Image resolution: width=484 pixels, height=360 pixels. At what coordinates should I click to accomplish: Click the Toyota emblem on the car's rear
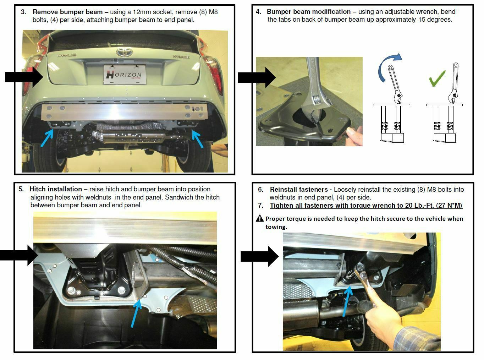tap(125, 52)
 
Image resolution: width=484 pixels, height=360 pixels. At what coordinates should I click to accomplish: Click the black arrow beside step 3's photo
tap(24, 77)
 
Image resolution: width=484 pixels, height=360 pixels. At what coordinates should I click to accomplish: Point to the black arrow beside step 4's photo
tap(257, 77)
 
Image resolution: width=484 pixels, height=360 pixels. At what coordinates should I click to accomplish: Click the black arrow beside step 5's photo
tap(19, 255)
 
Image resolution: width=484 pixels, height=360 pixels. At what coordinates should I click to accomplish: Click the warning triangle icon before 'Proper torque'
tap(260, 218)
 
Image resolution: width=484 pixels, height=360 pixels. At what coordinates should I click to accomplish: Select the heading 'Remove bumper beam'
tap(68, 12)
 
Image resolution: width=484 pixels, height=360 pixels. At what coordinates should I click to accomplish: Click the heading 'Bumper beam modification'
tap(308, 12)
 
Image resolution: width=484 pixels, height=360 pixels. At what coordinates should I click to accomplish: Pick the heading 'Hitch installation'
tap(55, 189)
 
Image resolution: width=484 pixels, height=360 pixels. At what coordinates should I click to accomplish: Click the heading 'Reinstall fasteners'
tap(301, 190)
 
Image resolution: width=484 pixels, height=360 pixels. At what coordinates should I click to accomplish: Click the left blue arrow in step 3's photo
tap(47, 138)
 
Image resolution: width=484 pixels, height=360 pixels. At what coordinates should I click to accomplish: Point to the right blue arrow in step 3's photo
tap(198, 139)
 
